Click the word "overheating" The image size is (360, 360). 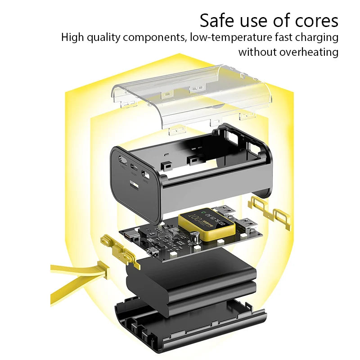coord(308,52)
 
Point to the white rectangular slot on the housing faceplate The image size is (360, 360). coord(135,185)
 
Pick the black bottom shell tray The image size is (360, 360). coord(189,326)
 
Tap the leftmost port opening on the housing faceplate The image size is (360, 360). coord(122,160)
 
